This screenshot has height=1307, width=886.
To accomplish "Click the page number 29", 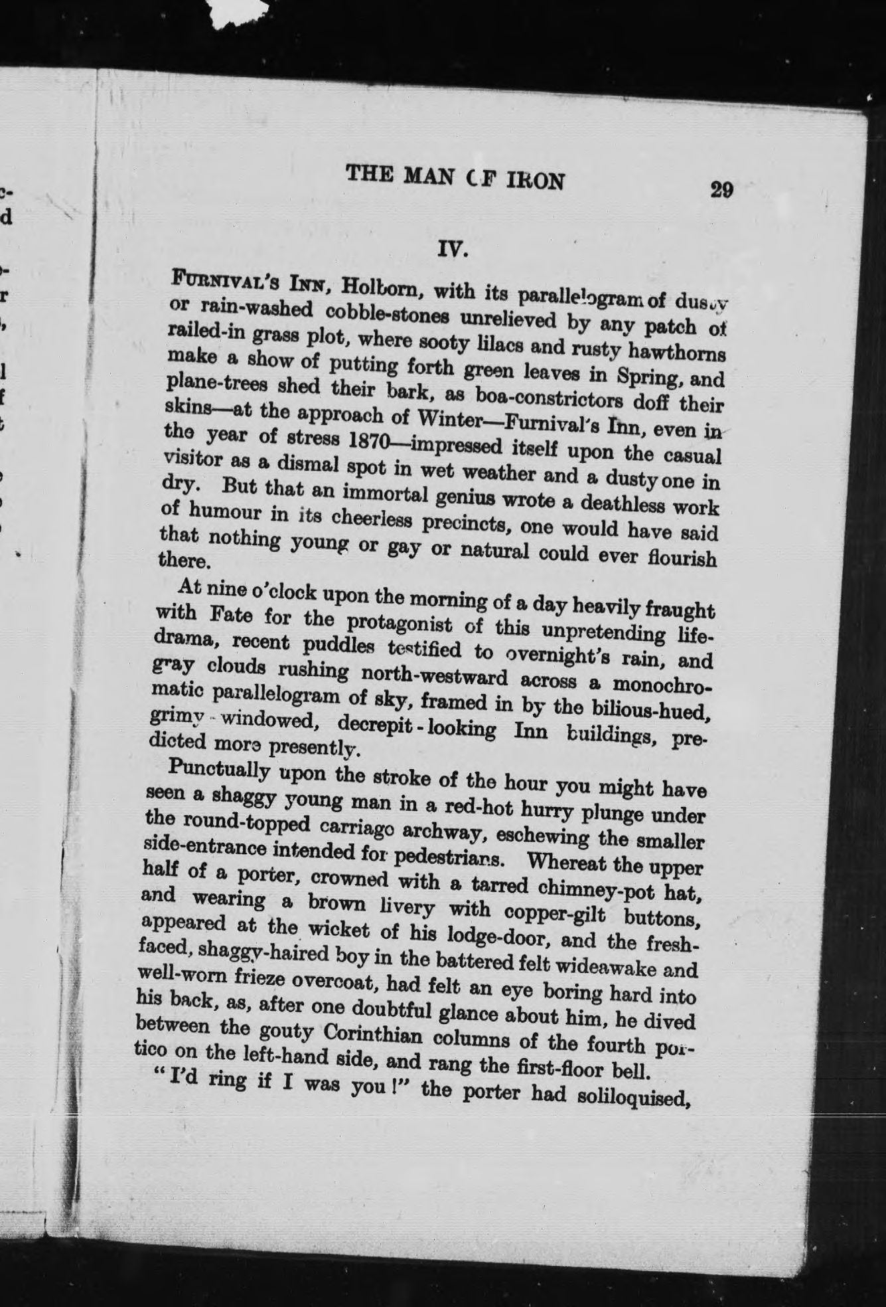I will pyautogui.click(x=721, y=190).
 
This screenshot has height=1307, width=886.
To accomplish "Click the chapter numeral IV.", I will pyautogui.click(x=453, y=250).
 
